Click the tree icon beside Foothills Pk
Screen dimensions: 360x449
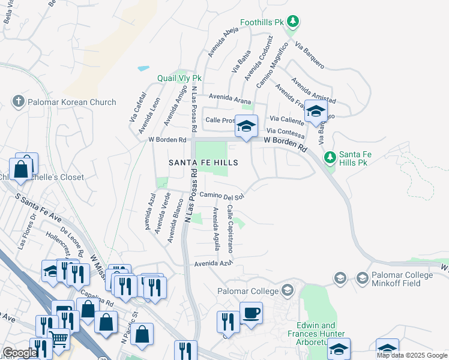coord(292,23)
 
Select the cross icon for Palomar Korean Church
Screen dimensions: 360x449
coord(19,102)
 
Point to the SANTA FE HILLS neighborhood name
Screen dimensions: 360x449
coord(203,163)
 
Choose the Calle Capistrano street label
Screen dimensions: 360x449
coord(230,228)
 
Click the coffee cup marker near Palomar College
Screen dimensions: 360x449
coord(251,313)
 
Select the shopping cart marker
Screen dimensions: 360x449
coord(58,339)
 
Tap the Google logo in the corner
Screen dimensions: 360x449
coord(19,353)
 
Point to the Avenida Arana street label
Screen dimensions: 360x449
coord(229,100)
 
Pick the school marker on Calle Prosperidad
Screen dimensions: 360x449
coord(246,127)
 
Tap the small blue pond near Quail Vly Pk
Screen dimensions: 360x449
coord(143,68)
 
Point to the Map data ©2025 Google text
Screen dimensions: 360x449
coord(412,355)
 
